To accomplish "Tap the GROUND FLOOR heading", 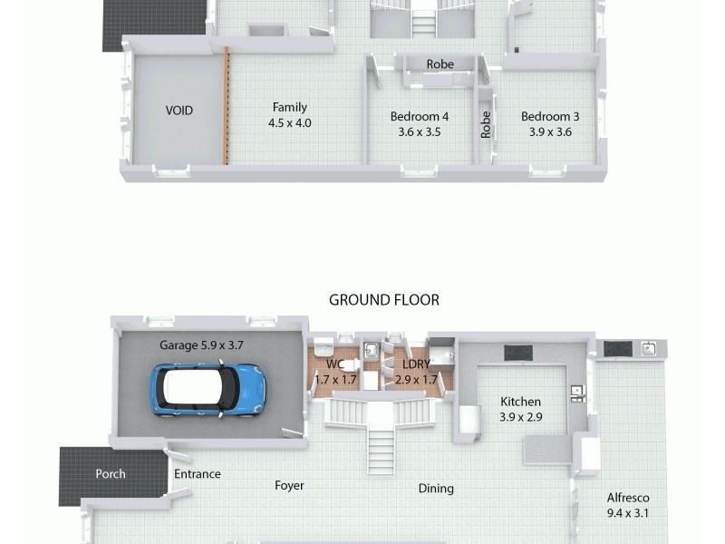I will coord(383,300).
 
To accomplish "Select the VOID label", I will coord(179,111).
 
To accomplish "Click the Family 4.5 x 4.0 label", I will coord(289,115).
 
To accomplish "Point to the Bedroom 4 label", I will coord(419,123).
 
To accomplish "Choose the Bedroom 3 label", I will coord(550,123).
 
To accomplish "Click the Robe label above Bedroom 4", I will coord(440,64).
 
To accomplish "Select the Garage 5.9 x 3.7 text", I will coord(201,345).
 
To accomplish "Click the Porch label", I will coord(111,473).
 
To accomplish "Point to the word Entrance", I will coord(197,473).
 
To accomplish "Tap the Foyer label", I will coord(289,485).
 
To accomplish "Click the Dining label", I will coord(436,488).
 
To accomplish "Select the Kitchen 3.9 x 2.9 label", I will coord(520,409).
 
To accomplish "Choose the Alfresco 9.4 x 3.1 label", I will coord(628,505).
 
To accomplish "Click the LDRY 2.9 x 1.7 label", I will coord(417,373).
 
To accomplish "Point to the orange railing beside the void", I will coord(227,107).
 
